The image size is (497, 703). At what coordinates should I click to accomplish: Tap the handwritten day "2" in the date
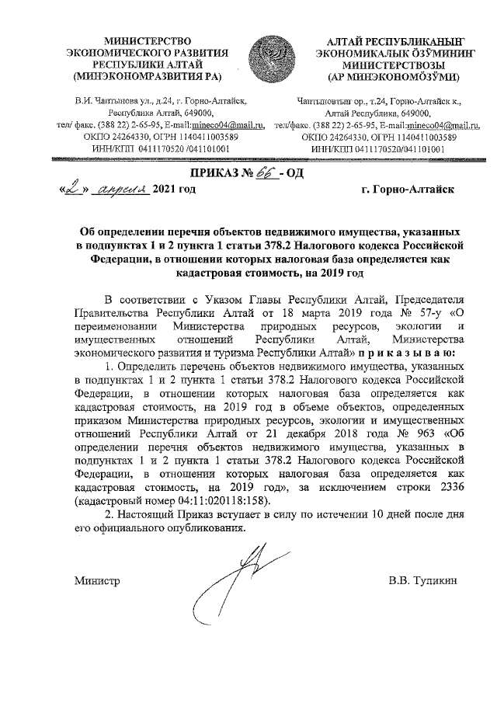(x=71, y=188)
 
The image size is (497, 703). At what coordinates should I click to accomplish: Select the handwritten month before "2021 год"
(x=117, y=189)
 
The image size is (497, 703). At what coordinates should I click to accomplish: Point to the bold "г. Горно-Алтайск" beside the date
(x=411, y=189)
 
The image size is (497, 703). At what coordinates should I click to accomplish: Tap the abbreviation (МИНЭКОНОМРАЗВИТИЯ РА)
(x=146, y=77)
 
